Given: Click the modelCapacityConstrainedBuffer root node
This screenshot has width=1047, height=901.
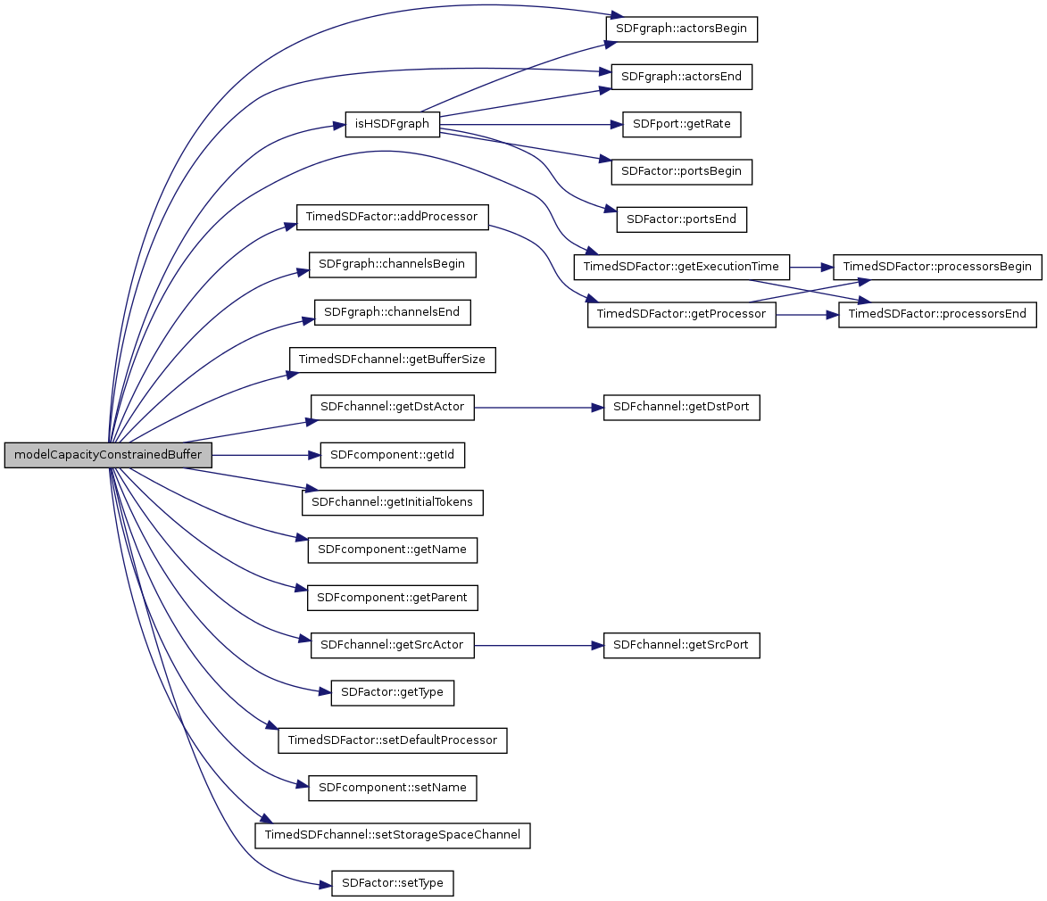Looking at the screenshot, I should pyautogui.click(x=108, y=455).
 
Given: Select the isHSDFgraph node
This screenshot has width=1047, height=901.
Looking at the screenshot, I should pyautogui.click(x=393, y=124).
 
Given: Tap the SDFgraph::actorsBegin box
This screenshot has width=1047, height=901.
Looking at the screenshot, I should pyautogui.click(x=682, y=29).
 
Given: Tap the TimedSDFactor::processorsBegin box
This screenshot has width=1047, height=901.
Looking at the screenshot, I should pyautogui.click(x=936, y=266).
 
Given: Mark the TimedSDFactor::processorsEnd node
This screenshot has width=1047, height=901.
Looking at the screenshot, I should pyautogui.click(x=936, y=314).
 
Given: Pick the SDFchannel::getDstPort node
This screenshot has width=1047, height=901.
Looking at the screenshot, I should pyautogui.click(x=682, y=407).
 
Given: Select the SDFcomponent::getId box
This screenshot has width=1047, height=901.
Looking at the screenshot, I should pyautogui.click(x=393, y=455).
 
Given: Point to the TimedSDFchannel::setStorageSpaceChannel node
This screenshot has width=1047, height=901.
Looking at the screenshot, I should pyautogui.click(x=393, y=835).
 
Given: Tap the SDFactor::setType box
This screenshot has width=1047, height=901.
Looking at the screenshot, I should pyautogui.click(x=393, y=883).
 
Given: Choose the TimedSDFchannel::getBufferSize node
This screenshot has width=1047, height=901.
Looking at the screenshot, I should pyautogui.click(x=393, y=360).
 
